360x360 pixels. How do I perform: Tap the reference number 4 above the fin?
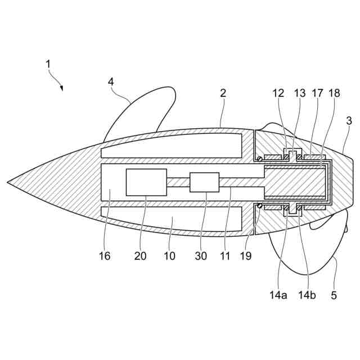pyautogui.click(x=111, y=82)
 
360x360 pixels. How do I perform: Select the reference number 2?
pyautogui.click(x=223, y=93)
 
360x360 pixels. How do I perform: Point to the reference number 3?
pyautogui.click(x=349, y=120)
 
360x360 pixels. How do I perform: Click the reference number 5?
pyautogui.click(x=334, y=295)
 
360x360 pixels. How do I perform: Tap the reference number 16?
pyautogui.click(x=105, y=256)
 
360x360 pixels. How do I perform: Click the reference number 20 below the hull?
pyautogui.click(x=139, y=256)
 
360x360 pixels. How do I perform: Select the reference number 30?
pyautogui.click(x=201, y=256)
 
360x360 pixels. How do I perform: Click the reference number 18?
pyautogui.click(x=334, y=93)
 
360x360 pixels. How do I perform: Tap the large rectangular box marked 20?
pyautogui.click(x=146, y=182)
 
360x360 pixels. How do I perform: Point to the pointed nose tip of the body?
pyautogui.click(x=9, y=182)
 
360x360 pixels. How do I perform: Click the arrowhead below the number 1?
pyautogui.click(x=61, y=88)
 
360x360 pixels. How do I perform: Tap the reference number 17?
pyautogui.click(x=317, y=93)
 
